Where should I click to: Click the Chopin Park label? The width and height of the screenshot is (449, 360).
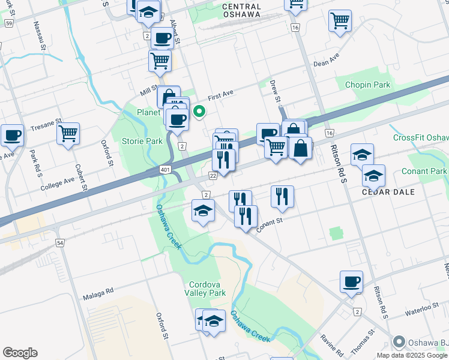[x=367, y=85]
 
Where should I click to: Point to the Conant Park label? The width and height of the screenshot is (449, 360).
[x=424, y=172]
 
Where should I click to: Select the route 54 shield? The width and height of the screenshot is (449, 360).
[x=60, y=242]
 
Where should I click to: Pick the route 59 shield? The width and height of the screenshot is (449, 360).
[x=9, y=23]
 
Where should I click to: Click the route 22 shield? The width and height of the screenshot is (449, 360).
[x=212, y=175]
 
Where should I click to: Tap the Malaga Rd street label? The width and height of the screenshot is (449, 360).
[x=98, y=292]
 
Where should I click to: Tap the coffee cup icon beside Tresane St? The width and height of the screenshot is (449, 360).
[x=12, y=134]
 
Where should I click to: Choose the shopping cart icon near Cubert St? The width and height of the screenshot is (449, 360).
[x=68, y=132]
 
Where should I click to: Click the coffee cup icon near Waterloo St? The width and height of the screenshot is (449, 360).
[x=351, y=281]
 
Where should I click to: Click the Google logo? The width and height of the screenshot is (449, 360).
[x=20, y=353]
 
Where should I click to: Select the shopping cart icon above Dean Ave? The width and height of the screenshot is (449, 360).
[x=340, y=21]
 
